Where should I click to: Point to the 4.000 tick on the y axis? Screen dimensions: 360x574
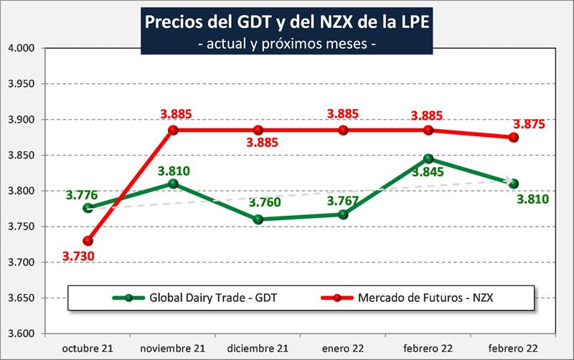[22, 48]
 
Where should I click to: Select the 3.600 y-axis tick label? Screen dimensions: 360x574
[22, 333]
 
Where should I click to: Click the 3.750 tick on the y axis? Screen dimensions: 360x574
[22, 227]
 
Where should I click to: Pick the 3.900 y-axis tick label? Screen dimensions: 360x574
[22, 120]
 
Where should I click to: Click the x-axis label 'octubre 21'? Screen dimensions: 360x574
[88, 348]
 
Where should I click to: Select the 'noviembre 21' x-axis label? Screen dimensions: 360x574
[172, 348]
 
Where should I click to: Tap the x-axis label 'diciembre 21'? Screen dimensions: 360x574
[258, 348]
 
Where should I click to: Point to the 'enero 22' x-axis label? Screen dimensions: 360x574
[344, 348]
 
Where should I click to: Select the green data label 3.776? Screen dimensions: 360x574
[82, 195]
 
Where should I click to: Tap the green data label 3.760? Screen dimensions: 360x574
[258, 203]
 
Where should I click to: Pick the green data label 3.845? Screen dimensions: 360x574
[426, 171]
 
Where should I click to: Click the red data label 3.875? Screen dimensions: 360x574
[529, 123]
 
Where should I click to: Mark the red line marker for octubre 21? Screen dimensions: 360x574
[88, 241]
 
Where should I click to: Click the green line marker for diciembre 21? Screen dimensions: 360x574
[258, 219]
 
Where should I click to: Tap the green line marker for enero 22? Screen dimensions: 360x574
[344, 214]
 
